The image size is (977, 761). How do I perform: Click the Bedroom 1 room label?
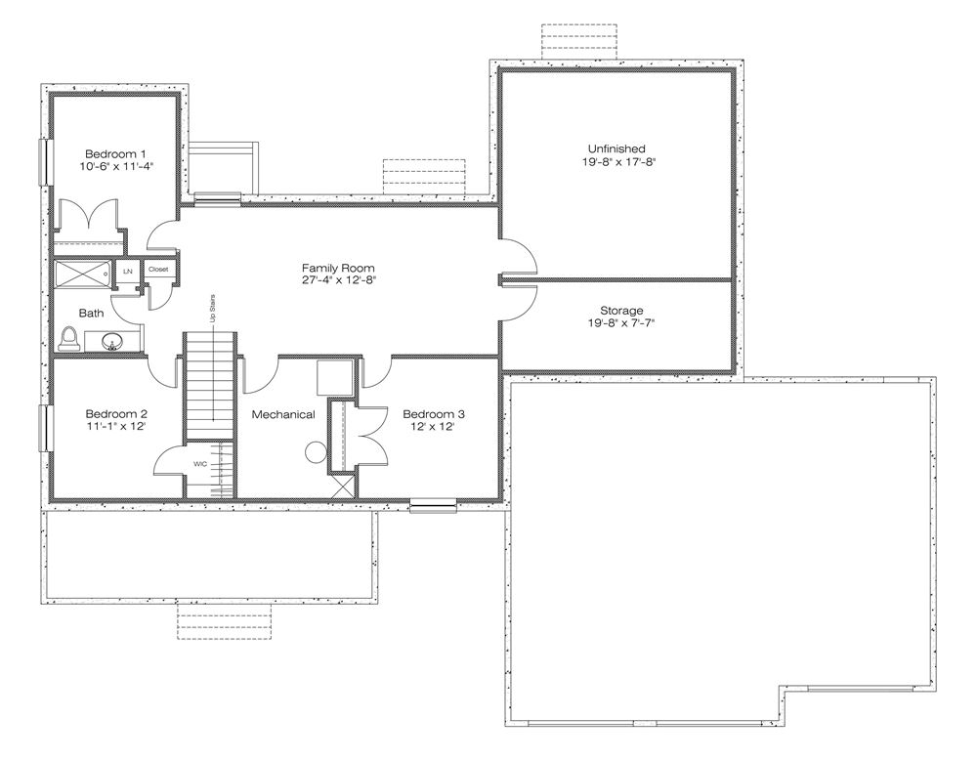tap(116, 154)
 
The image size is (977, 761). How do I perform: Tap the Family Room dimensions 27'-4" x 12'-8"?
tap(339, 280)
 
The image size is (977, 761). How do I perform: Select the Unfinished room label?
tap(616, 148)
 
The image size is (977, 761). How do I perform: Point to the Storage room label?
tap(621, 311)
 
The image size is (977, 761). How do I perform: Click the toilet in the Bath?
tap(68, 340)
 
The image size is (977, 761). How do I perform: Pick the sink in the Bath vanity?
tap(112, 342)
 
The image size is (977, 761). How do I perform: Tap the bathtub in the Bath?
tap(82, 273)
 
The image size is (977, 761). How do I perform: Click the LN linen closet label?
tap(128, 272)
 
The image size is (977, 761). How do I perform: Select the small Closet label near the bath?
tap(158, 270)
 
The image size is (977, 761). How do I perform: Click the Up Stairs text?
tap(212, 309)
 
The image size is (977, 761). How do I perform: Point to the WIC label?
tap(200, 464)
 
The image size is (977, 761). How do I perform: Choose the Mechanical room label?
tap(283, 414)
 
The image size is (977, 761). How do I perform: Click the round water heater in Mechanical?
tap(316, 452)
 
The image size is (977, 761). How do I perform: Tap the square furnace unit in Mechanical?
tap(335, 377)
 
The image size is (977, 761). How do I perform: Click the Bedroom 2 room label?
tap(116, 414)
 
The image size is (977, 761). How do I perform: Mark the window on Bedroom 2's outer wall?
tap(45, 428)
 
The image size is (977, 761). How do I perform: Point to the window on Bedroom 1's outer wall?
tap(45, 162)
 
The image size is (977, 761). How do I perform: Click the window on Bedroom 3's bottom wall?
tap(433, 505)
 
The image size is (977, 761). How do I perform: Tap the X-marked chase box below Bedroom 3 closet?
tap(343, 486)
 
